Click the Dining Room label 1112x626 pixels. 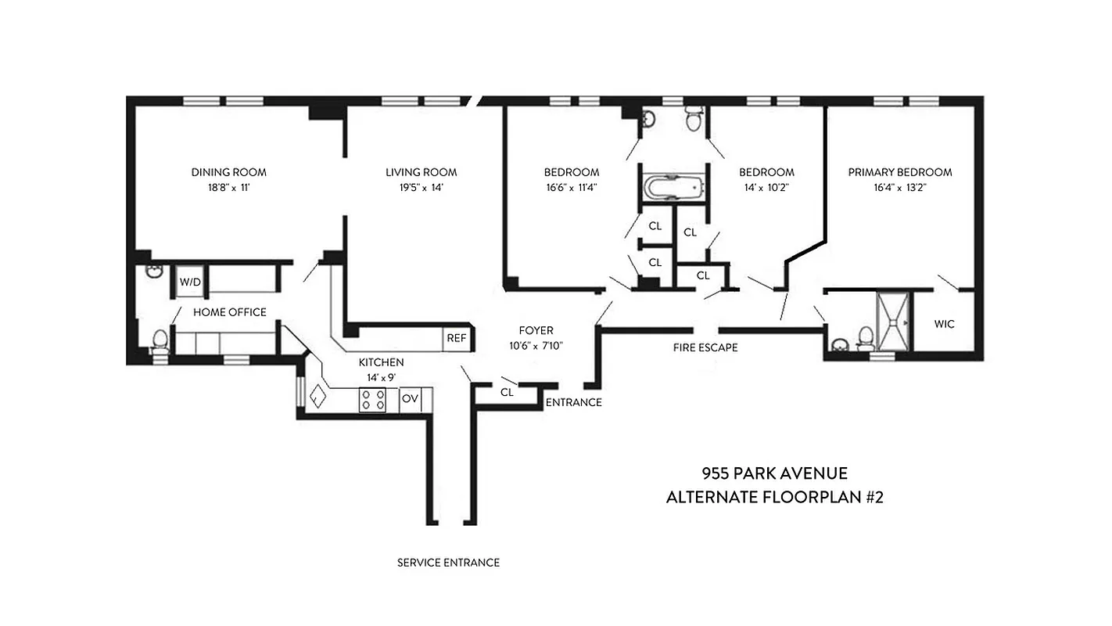click(x=228, y=172)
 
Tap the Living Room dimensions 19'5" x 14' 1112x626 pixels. click(x=421, y=188)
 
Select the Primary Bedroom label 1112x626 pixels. click(x=900, y=172)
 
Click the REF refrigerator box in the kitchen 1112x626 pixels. click(x=456, y=338)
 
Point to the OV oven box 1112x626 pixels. click(x=410, y=398)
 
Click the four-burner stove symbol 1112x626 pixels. click(x=372, y=399)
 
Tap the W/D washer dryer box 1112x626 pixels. click(x=189, y=282)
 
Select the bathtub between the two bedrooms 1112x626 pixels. click(x=673, y=188)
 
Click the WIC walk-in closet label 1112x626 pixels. click(x=944, y=324)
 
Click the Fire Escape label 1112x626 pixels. click(x=705, y=347)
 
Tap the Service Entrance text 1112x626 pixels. click(x=448, y=562)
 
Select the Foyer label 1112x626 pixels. click(x=536, y=330)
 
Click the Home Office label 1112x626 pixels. click(x=230, y=312)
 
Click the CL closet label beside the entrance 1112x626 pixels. click(x=507, y=393)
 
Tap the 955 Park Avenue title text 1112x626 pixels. click(x=774, y=473)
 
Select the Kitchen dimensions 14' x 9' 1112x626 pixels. click(x=381, y=377)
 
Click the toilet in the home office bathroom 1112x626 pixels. click(x=159, y=340)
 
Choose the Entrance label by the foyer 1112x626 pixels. click(x=573, y=402)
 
